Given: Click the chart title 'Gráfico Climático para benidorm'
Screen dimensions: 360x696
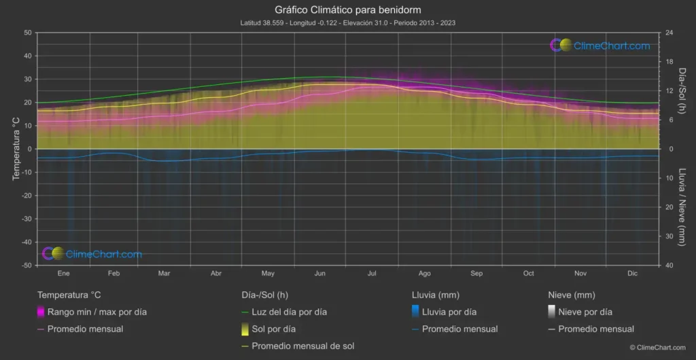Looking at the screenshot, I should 347,10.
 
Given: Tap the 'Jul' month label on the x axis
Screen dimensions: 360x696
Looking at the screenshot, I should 372,274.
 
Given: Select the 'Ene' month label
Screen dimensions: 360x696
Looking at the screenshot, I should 63,274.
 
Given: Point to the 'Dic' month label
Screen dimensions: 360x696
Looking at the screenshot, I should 632,274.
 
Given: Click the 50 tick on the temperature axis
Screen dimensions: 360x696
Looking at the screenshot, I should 28,33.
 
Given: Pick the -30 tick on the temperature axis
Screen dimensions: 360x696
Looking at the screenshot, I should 25,219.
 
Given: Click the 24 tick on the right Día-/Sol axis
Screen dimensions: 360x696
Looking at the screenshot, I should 669,33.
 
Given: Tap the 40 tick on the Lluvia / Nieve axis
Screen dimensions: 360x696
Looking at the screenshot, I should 669,266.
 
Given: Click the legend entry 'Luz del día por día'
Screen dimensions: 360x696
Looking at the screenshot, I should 289,312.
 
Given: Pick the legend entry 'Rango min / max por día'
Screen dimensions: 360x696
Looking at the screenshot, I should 97,312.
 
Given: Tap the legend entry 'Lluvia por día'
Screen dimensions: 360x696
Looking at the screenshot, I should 449,312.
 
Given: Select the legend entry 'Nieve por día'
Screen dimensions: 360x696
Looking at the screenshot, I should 585,312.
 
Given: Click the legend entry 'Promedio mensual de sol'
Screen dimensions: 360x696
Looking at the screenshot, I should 302,346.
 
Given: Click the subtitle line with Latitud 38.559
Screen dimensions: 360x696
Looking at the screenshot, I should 347,23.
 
